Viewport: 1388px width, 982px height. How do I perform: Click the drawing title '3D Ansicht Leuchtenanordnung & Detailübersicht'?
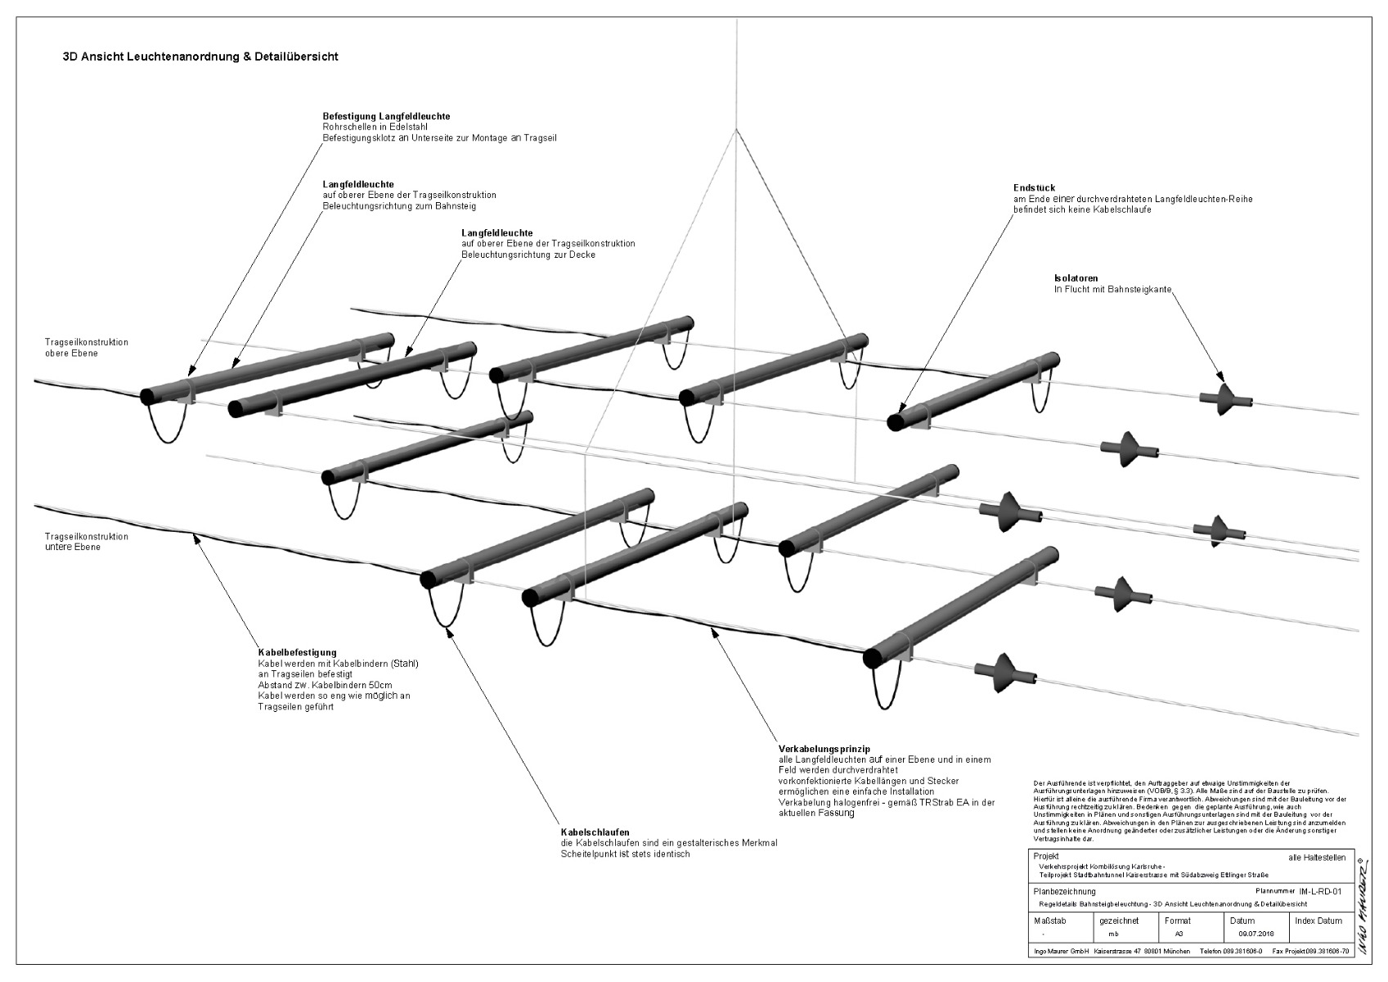[x=200, y=57]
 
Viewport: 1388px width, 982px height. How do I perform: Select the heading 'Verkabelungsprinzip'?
[x=824, y=748]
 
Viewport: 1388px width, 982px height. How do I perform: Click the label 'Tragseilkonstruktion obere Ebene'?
[x=86, y=348]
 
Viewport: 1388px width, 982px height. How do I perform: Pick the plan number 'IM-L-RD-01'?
[x=1320, y=891]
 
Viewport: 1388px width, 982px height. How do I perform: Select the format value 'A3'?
[x=1179, y=933]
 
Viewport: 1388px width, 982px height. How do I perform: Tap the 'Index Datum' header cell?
[x=1318, y=921]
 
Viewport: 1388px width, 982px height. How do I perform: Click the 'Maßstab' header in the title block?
[x=1050, y=921]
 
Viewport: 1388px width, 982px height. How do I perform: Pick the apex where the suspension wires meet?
[x=737, y=130]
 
